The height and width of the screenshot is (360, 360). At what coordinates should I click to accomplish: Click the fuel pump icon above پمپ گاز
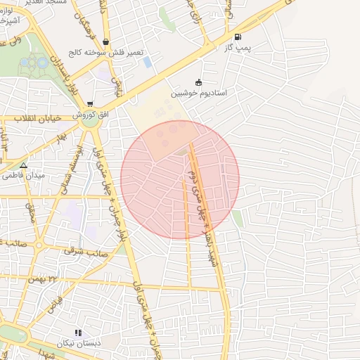coord(237,37)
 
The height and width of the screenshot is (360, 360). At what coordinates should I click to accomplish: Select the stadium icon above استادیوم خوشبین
coord(198,82)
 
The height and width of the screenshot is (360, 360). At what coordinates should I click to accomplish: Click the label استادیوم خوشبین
coord(199,92)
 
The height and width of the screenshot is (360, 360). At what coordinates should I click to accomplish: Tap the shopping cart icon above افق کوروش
coord(89,104)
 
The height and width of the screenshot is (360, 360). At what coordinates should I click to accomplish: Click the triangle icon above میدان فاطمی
coord(23,165)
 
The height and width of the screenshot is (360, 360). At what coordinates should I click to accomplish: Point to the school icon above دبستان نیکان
coord(78,333)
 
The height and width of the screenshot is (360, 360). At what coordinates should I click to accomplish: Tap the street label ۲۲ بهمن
coord(43,279)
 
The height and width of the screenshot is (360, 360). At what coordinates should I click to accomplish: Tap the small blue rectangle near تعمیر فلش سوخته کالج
coord(148,62)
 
